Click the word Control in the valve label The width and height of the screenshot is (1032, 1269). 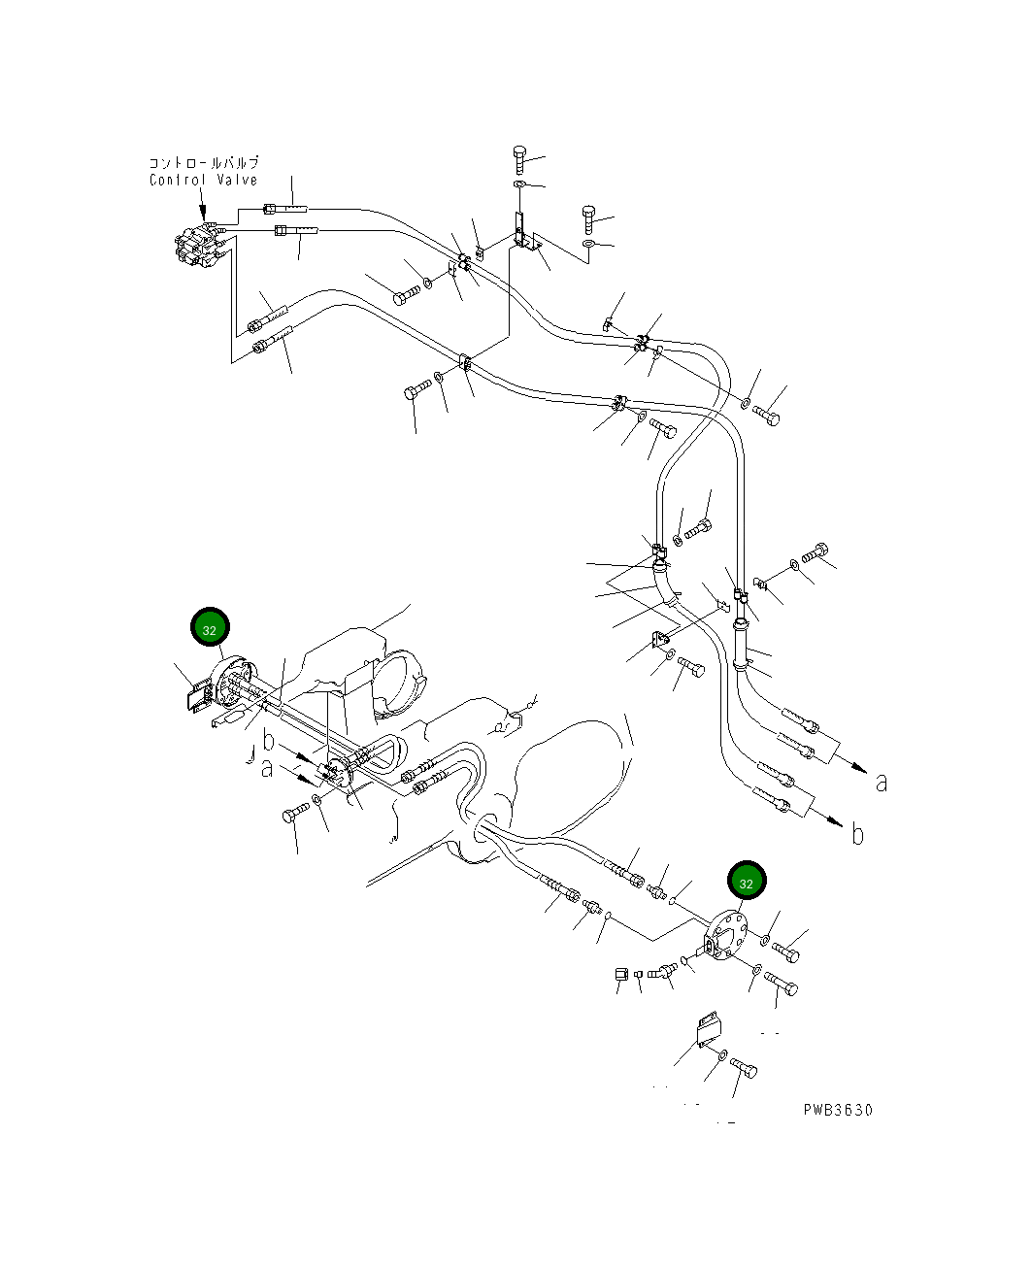[x=178, y=180]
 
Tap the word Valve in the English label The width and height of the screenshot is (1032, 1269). [x=237, y=180]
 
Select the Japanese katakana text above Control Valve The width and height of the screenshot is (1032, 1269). [x=204, y=163]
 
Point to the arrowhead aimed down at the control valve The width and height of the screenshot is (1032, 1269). [x=203, y=213]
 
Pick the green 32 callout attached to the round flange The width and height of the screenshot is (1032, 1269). [x=747, y=884]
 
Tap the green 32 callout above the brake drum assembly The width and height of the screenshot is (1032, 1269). [x=210, y=630]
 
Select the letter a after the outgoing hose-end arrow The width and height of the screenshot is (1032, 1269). [x=882, y=783]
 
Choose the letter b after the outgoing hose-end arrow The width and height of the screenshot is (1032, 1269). [x=857, y=834]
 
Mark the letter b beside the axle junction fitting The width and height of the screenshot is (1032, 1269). [x=269, y=741]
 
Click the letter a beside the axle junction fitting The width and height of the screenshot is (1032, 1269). [x=267, y=769]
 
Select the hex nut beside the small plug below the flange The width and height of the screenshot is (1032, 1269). [x=621, y=975]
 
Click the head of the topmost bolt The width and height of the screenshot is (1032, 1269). [x=519, y=151]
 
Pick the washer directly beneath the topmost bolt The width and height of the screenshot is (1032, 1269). [x=519, y=184]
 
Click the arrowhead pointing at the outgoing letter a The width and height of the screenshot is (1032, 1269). [x=859, y=768]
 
